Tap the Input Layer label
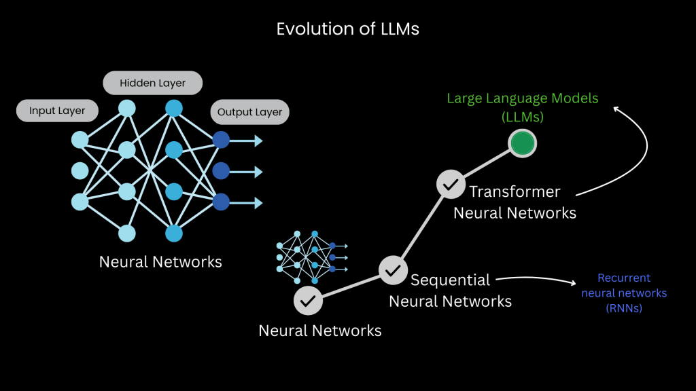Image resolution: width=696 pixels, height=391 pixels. pyautogui.click(x=57, y=111)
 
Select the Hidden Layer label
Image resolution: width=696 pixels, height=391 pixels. pyautogui.click(x=153, y=83)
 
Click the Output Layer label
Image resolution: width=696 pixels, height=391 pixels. pyautogui.click(x=249, y=112)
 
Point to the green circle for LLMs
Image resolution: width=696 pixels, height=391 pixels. pyautogui.click(x=523, y=143)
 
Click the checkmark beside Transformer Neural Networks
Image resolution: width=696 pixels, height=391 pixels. pyautogui.click(x=449, y=183)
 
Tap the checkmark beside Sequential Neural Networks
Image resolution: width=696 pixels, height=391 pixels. pyautogui.click(x=392, y=269)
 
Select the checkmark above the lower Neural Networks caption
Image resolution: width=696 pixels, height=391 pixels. pyautogui.click(x=307, y=299)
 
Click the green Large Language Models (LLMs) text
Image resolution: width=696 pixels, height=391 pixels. pyautogui.click(x=522, y=107)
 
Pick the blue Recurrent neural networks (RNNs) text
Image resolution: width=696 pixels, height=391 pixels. pyautogui.click(x=623, y=293)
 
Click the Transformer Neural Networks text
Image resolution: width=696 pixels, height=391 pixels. pyautogui.click(x=515, y=202)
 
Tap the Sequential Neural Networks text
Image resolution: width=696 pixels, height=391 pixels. pyautogui.click(x=450, y=290)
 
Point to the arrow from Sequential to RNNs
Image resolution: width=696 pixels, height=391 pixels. pyautogui.click(x=537, y=278)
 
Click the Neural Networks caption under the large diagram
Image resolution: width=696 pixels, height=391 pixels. pyautogui.click(x=160, y=262)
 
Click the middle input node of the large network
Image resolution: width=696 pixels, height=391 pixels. pyautogui.click(x=80, y=170)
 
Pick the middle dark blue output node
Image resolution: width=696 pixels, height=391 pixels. pyautogui.click(x=221, y=170)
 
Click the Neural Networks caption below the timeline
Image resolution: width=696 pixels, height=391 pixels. pyautogui.click(x=319, y=331)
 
